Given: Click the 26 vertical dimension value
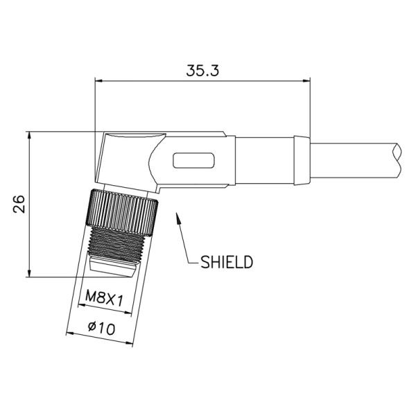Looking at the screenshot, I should [x=19, y=204].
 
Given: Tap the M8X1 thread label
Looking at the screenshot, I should [x=104, y=298].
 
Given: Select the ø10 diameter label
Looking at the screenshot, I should [x=102, y=328].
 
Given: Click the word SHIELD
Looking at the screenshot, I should [x=226, y=262].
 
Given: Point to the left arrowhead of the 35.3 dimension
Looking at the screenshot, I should [x=98, y=80].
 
